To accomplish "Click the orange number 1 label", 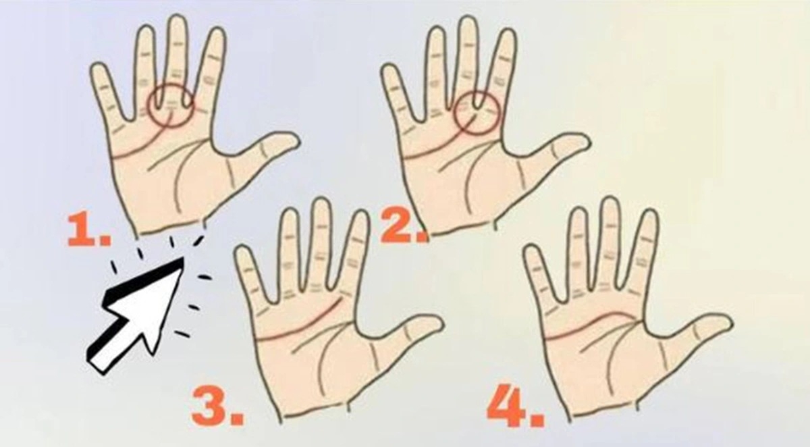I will pos(88,232).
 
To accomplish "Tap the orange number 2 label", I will pos(400,228).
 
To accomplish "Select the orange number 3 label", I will pos(216,407).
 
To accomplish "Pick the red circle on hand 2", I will pos(477,113).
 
